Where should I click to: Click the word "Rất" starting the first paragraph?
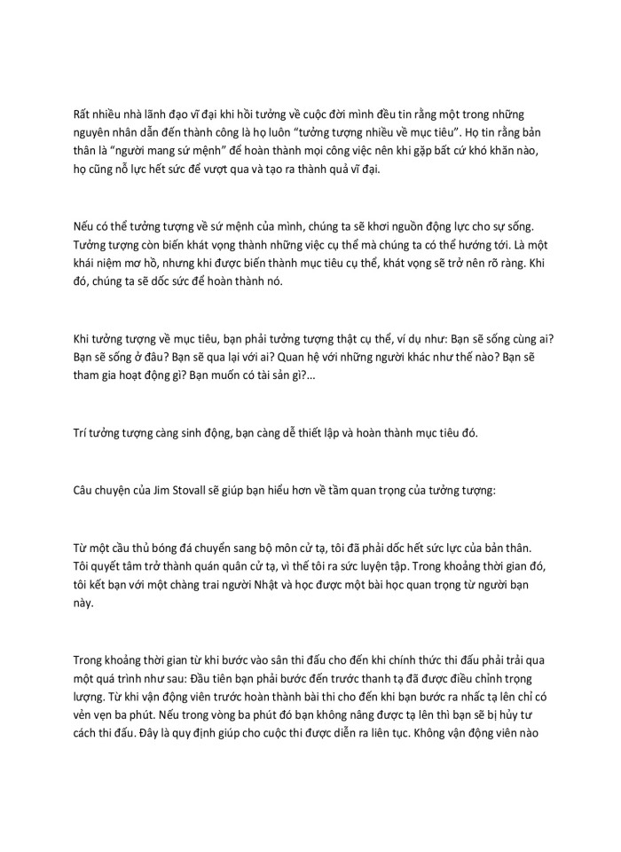[x=83, y=114]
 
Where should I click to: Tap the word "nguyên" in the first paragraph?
[x=92, y=133]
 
